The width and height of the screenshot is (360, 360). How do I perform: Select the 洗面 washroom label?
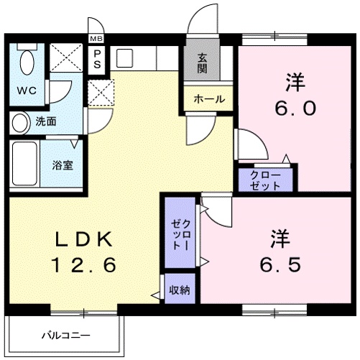47,121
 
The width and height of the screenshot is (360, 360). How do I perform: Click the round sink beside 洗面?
20,121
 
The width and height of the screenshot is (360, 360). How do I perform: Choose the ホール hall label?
209,99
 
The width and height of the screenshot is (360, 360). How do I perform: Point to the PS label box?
96,58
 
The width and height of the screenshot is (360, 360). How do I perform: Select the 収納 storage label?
179,290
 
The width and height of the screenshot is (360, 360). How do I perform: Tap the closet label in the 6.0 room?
267,180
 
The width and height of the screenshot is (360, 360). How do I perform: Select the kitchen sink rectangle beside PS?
124,58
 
